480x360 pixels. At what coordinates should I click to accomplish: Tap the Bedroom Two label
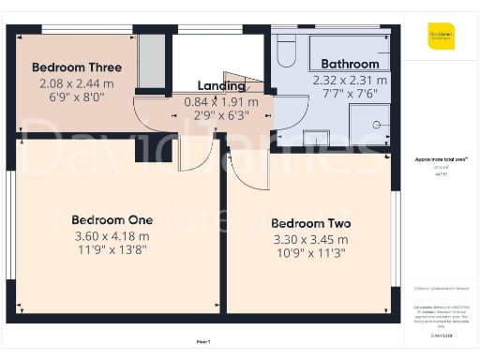[x=310, y=223]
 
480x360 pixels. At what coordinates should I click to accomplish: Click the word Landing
[x=221, y=86]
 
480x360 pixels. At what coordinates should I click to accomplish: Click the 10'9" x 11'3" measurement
[x=310, y=256]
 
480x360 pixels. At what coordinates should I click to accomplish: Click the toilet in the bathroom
[x=286, y=53]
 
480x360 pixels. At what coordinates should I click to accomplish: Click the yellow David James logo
[x=442, y=40]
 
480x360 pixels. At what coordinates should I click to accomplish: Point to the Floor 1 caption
[x=203, y=341]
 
